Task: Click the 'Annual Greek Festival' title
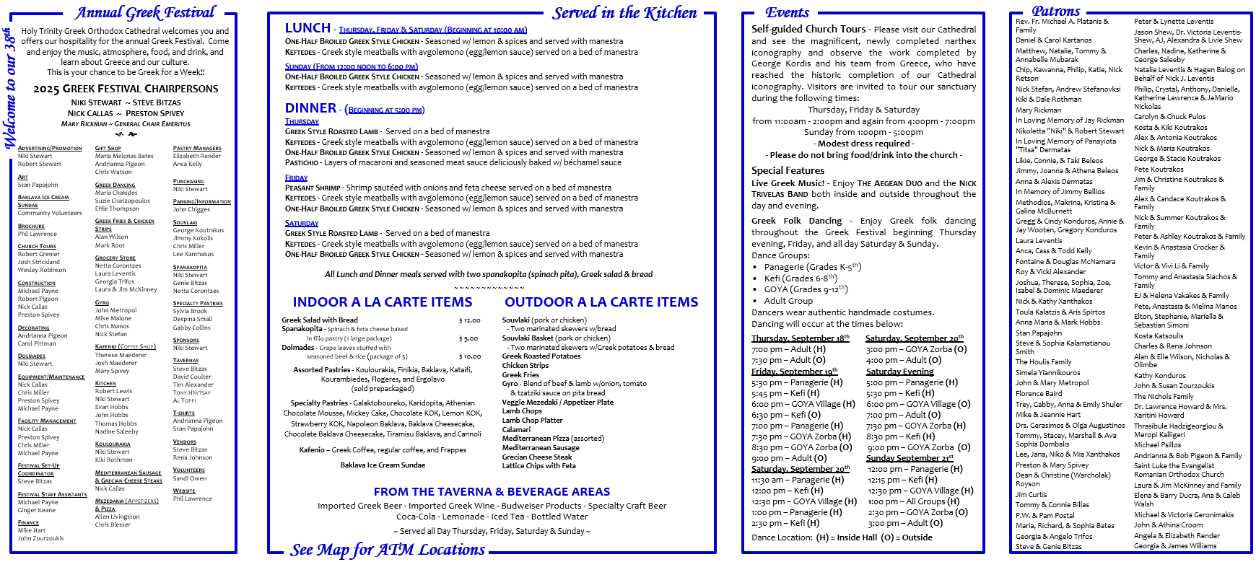pos(145,13)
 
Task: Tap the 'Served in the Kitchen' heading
pos(624,13)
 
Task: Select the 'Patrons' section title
pos(1055,11)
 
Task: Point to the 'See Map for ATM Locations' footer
pos(388,550)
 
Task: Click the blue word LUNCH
pos(308,28)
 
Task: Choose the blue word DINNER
pos(310,108)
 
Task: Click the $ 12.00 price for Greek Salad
pos(469,320)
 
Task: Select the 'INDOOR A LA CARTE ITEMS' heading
pos(382,302)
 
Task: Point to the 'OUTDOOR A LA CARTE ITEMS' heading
pos(601,302)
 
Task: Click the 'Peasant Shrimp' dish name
pos(313,188)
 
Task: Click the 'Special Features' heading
pos(788,171)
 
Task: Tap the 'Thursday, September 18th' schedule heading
pos(800,338)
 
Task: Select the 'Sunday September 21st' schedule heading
pos(910,458)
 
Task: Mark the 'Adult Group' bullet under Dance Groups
pos(788,301)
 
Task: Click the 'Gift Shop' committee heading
pos(108,149)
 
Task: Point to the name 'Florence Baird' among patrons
pos(1039,394)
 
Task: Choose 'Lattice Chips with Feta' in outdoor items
pos(538,466)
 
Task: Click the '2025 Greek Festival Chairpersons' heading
pos(126,89)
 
